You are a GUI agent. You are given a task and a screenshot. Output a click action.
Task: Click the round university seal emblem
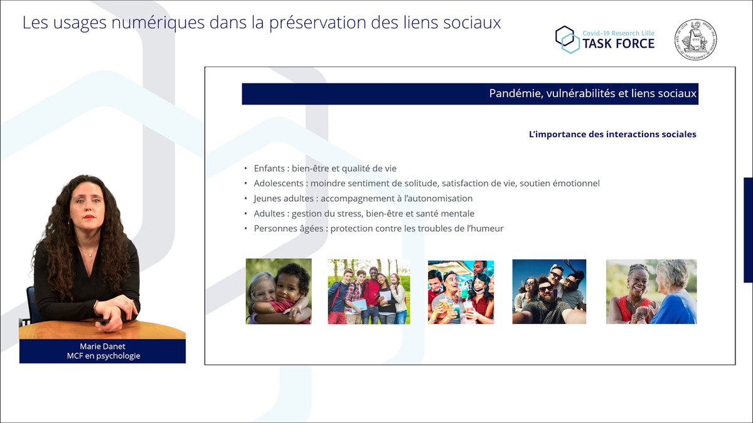coord(695,39)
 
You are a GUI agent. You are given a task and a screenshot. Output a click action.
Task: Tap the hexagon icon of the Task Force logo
coord(567,39)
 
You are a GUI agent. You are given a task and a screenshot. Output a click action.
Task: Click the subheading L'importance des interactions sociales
coord(612,134)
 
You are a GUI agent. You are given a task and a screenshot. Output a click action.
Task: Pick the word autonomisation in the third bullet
coord(436,199)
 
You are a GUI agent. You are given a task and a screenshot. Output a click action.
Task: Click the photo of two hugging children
coord(278,291)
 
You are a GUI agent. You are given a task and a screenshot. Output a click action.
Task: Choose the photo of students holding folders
coord(368,291)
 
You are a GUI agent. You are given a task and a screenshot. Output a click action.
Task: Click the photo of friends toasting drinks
coord(461,292)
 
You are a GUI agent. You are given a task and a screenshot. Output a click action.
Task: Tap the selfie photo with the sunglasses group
coord(549,291)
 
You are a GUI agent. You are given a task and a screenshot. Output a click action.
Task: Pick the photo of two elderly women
coord(651,291)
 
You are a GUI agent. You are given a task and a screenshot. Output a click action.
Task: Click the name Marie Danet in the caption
coord(103,347)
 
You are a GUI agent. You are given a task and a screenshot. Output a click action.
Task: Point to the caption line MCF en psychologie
coord(103,356)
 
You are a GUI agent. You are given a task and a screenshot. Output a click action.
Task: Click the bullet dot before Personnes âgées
coord(246,229)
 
